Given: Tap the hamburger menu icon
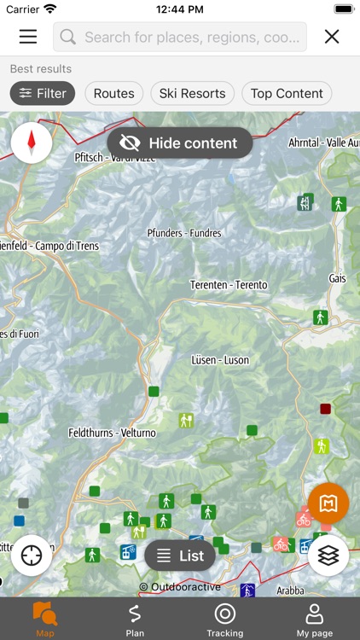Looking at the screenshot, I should (x=28, y=37).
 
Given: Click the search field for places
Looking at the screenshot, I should (x=180, y=38).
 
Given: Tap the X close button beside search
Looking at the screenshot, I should (x=332, y=37).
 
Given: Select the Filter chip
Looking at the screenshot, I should (x=43, y=93).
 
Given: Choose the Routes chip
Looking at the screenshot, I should (x=114, y=93).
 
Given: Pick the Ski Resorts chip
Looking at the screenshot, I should (x=193, y=93).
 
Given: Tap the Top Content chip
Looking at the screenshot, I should (x=287, y=93).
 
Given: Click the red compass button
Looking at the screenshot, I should (x=32, y=143).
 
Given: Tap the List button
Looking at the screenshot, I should (x=180, y=556).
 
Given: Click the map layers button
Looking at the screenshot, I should (x=328, y=556).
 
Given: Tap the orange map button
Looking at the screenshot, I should (x=328, y=503).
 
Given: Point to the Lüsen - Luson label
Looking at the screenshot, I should (x=220, y=360).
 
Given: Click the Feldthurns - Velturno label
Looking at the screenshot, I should (x=113, y=433).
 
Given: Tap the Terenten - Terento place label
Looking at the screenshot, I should (x=229, y=285).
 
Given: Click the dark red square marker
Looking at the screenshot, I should (x=325, y=409).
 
